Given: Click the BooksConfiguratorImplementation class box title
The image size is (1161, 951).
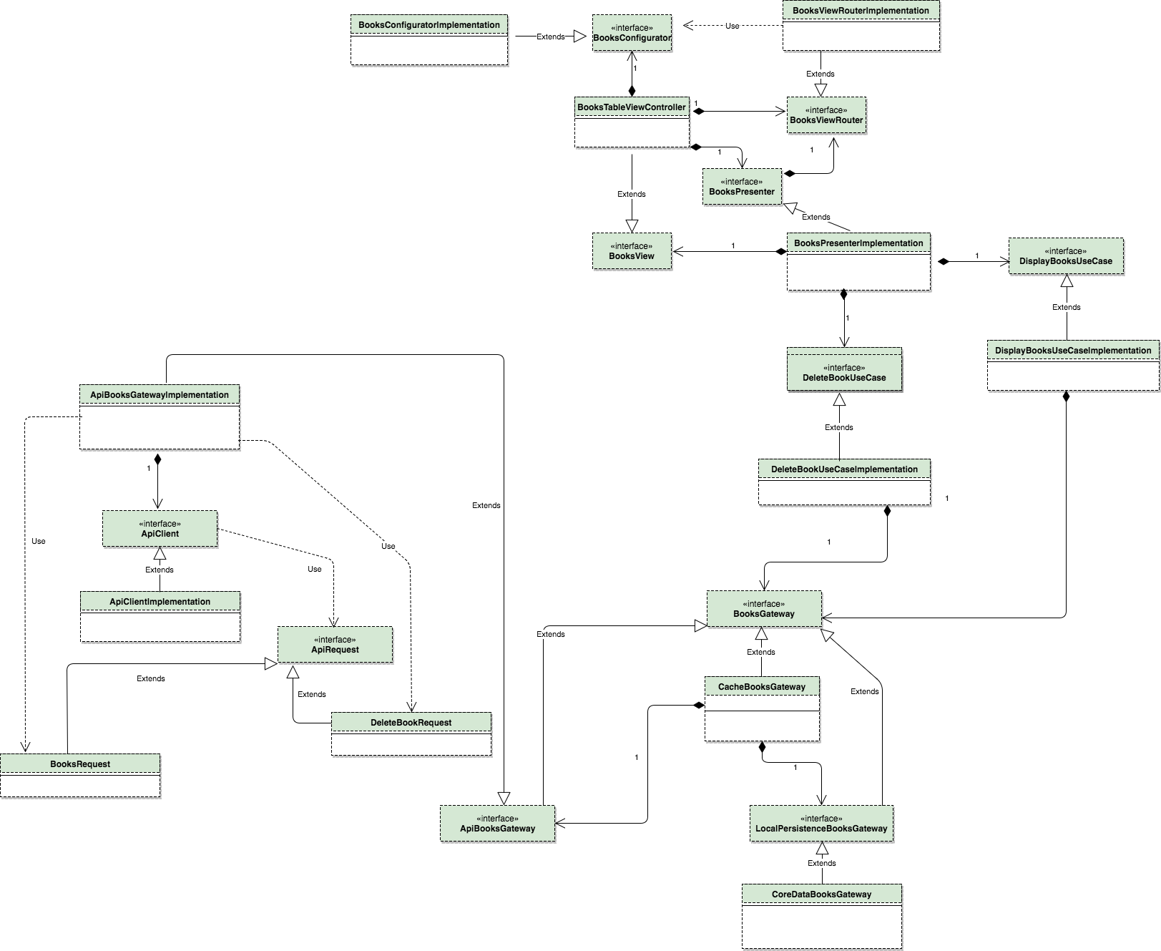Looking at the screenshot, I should click(429, 25).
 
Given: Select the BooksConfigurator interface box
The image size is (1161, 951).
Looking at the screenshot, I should click(632, 33).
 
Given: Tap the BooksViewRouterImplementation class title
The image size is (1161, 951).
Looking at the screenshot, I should click(861, 11).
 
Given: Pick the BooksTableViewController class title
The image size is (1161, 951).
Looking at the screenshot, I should click(632, 107).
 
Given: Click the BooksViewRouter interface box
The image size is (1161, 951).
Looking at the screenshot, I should click(826, 115).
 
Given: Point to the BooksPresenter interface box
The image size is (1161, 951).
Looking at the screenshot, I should click(742, 187).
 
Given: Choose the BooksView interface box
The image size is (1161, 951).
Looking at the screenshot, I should click(632, 251).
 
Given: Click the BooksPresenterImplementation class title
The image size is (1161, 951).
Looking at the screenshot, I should click(858, 243).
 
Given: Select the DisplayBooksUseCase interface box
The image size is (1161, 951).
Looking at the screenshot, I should click(1066, 256).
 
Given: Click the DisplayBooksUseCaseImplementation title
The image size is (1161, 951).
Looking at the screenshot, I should click(1073, 351).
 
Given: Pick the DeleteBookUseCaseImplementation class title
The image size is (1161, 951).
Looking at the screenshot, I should click(844, 469).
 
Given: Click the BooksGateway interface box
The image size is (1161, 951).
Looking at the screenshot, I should click(764, 609).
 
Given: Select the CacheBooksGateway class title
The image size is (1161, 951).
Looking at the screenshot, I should click(762, 687).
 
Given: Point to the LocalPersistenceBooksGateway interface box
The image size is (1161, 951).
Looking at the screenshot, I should click(821, 824).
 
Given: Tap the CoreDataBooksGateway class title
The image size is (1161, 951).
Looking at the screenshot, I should click(822, 894).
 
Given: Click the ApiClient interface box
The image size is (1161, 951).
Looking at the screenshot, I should click(160, 529).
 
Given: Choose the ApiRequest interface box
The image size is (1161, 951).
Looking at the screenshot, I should click(335, 645).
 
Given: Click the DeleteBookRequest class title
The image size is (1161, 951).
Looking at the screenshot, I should click(411, 723).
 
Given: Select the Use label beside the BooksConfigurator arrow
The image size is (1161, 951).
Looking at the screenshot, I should click(733, 26).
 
